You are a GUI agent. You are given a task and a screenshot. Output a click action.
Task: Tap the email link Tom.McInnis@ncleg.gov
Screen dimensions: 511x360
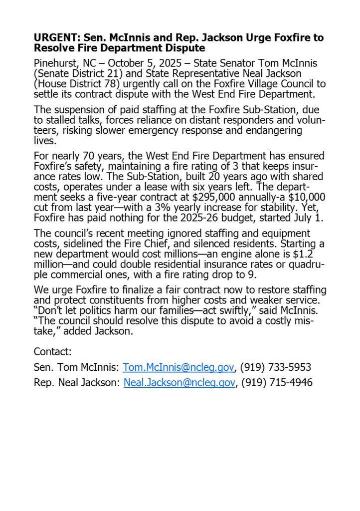(x=179, y=367)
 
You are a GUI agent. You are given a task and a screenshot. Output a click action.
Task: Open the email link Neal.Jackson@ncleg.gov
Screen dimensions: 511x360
(x=179, y=382)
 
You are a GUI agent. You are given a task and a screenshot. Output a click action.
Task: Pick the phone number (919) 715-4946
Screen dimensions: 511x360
(x=277, y=382)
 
